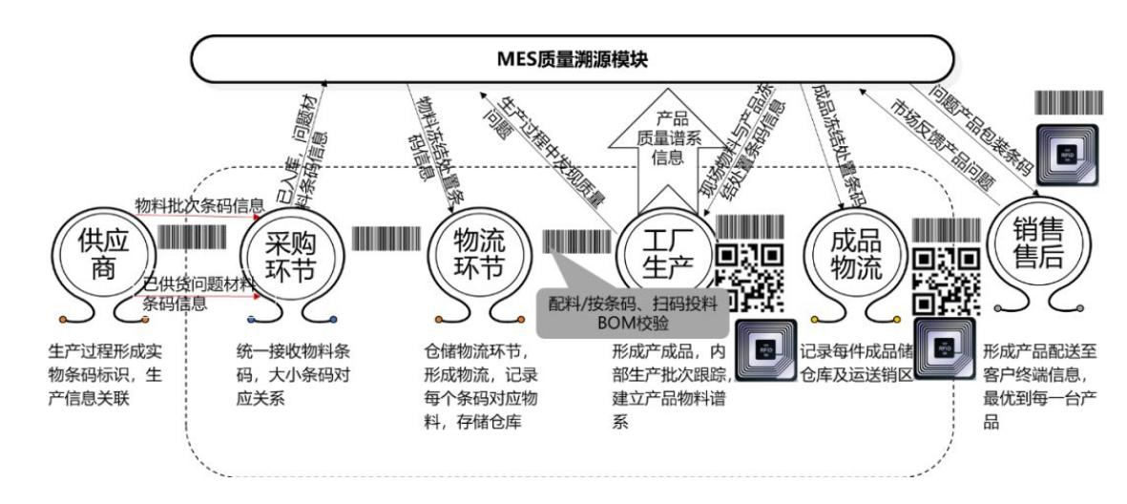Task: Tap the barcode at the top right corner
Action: (1070, 103)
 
